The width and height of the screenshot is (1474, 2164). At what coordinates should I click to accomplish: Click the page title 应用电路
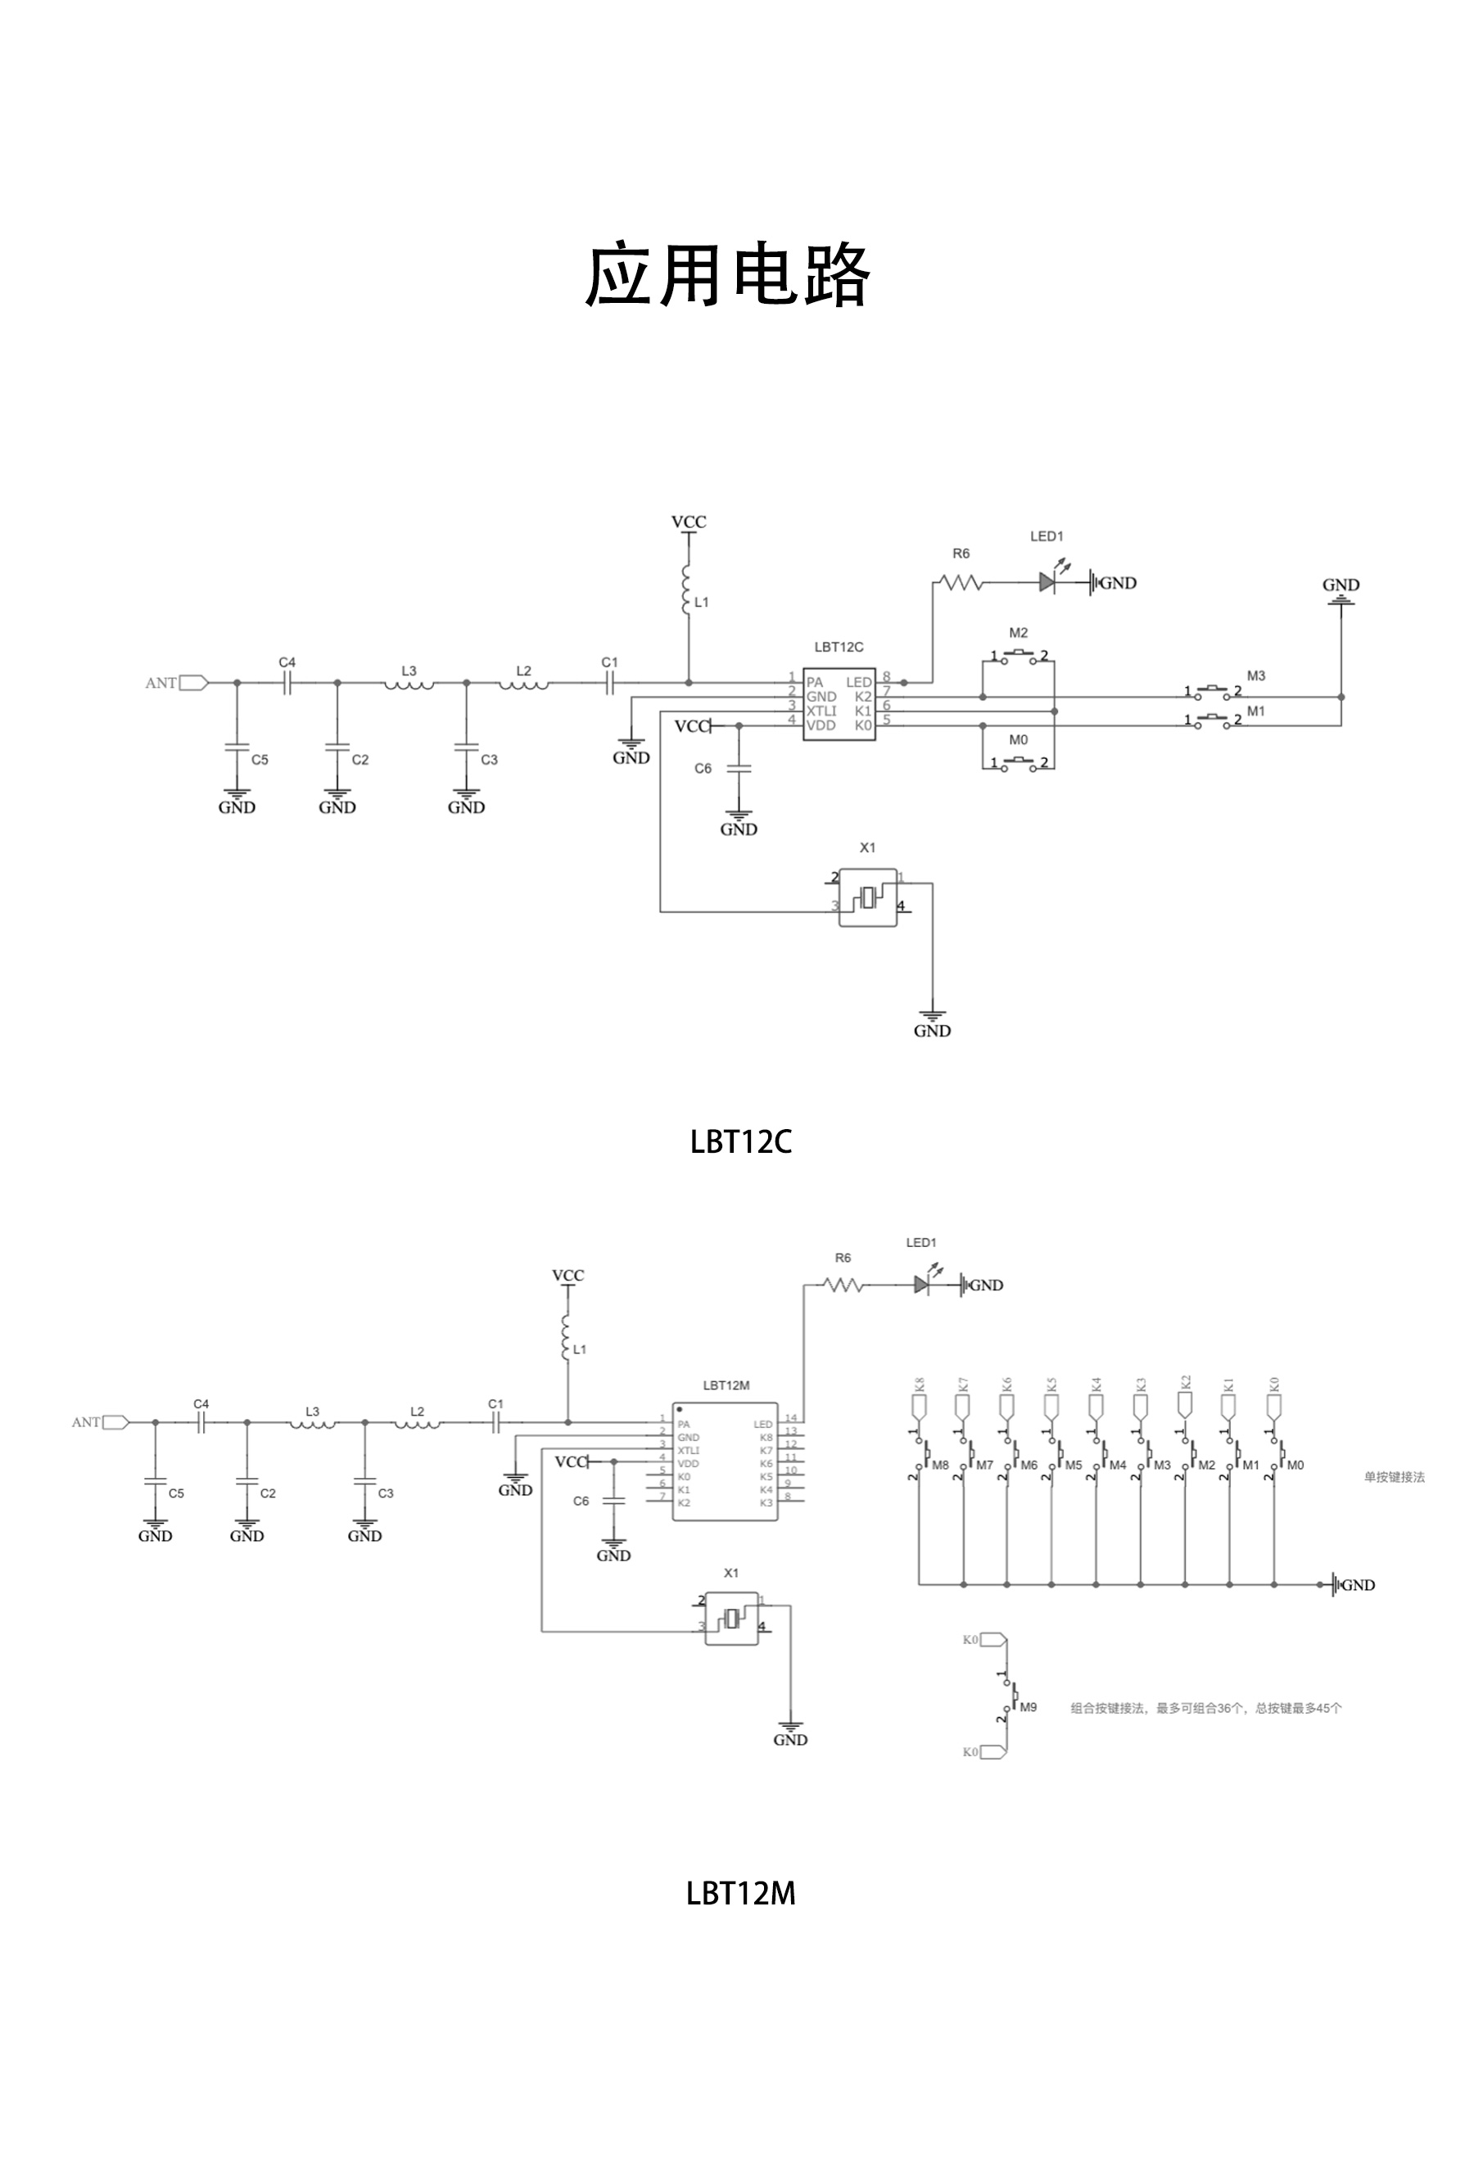727,276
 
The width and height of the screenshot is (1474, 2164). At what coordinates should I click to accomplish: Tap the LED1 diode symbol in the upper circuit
1047,583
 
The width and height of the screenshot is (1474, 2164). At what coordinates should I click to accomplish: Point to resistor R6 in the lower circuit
843,1285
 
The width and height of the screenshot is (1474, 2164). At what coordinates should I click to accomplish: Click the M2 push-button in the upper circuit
1019,657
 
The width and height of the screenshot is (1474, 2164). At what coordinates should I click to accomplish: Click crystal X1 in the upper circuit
868,897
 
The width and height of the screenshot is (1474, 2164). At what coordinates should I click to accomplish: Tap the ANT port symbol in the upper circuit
192,683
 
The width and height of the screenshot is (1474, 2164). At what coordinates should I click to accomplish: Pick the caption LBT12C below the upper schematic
740,1141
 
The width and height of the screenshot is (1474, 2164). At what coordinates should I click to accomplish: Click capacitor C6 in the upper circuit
739,769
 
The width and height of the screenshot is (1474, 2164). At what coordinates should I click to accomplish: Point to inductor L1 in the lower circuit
566,1338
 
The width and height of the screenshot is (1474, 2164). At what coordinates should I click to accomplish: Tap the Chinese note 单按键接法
1393,1477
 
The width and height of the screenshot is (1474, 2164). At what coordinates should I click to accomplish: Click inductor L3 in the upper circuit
409,684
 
